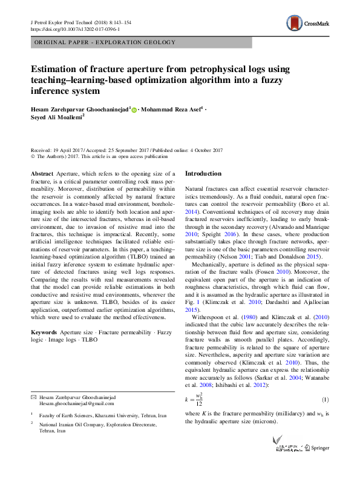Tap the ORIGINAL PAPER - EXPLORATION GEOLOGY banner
tap(105, 42)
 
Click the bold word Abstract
tap(42, 174)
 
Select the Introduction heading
tap(203, 174)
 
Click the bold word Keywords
tap(44, 332)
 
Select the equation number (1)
tap(324, 400)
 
